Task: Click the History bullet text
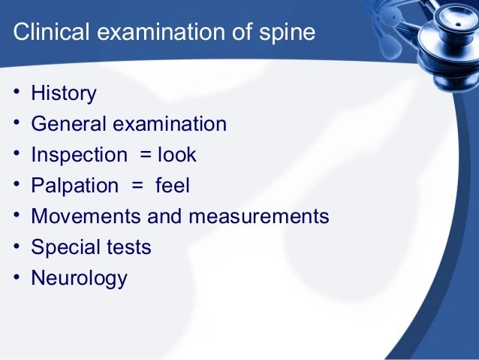click(x=64, y=94)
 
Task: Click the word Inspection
click(x=79, y=156)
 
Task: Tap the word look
click(x=177, y=155)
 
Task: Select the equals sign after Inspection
click(x=143, y=156)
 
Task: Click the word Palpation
click(x=74, y=186)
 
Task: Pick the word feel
click(x=172, y=186)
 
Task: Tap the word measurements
click(x=258, y=216)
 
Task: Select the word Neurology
click(x=79, y=278)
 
